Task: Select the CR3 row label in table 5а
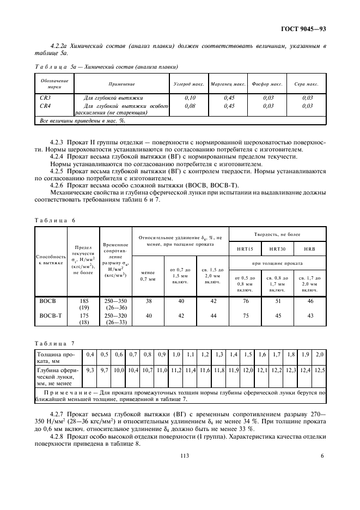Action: coord(46,97)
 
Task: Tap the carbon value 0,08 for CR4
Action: coord(190,106)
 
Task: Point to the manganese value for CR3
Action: coord(229,97)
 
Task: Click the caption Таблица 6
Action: coord(54,220)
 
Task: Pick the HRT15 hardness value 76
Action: coord(245,300)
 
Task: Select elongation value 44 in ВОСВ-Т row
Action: coord(212,315)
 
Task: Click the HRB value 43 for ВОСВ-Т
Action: coord(310,315)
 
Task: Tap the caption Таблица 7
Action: coord(54,343)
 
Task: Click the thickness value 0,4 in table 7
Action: coord(90,355)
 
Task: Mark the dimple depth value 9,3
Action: coord(90,371)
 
